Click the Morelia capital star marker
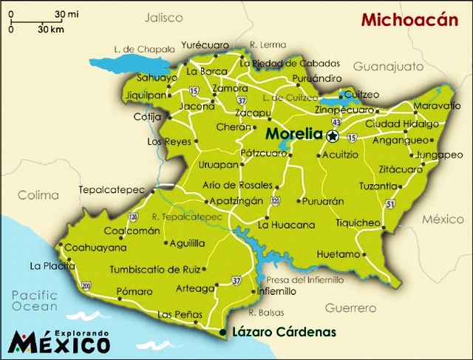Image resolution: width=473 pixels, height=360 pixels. (x=333, y=135)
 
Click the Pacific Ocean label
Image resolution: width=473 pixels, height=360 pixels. (x=34, y=301)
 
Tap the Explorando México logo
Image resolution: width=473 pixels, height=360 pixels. (x=59, y=342)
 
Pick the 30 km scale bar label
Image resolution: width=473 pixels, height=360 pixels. (x=49, y=30)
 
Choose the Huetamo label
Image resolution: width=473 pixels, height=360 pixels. (x=338, y=254)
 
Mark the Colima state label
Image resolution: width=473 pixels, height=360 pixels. (x=38, y=195)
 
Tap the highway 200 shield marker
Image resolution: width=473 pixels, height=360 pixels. (x=87, y=285)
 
